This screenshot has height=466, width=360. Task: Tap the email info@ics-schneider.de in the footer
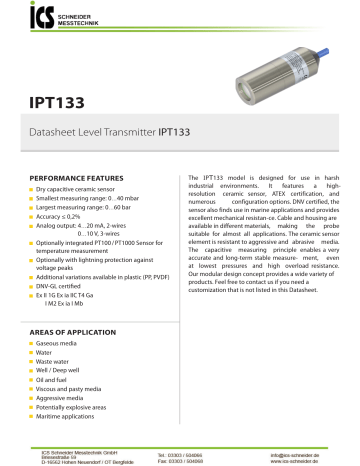coord(303,451)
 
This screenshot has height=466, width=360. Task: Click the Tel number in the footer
coord(201,451)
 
